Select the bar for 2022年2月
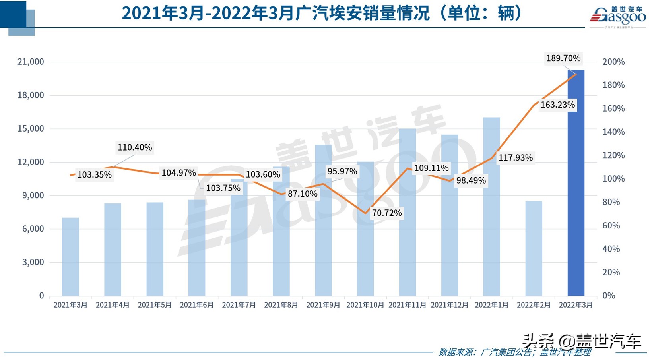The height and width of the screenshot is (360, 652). [x=534, y=248]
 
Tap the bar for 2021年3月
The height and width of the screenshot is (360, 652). [x=70, y=257]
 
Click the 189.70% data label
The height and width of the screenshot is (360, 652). [x=563, y=58]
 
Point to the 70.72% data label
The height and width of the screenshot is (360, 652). [x=386, y=213]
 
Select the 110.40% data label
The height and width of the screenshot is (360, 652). [x=134, y=147]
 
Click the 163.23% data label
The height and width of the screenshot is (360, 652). [x=557, y=105]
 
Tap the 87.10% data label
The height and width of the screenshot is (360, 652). [x=302, y=194]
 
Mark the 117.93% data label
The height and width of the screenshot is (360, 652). [x=515, y=158]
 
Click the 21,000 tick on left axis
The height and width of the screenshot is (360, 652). [x=31, y=62]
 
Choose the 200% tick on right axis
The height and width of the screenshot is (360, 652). [x=613, y=62]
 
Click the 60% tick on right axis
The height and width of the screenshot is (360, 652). [x=611, y=226]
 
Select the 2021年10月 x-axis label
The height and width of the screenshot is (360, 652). [x=365, y=305]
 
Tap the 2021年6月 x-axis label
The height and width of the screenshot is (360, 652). [x=197, y=305]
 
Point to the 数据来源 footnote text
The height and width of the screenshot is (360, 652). [x=514, y=352]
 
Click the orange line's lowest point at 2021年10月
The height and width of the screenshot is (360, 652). [x=365, y=213]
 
